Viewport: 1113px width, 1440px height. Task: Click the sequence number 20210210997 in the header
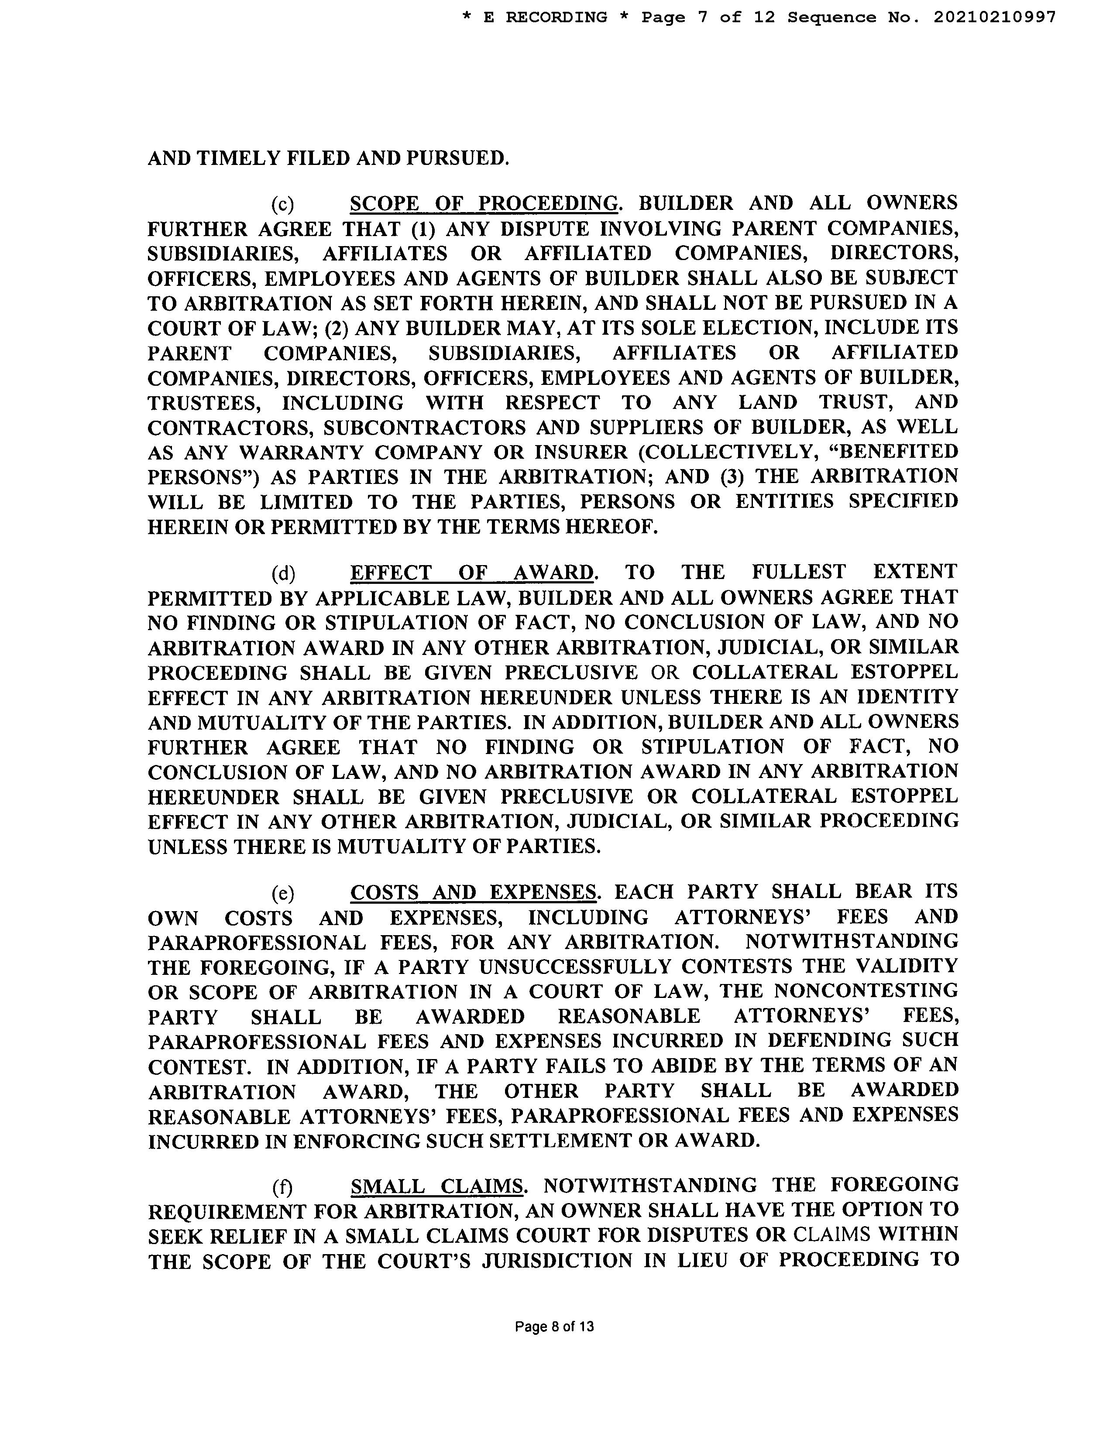[994, 17]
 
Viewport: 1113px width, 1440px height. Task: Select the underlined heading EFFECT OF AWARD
[471, 573]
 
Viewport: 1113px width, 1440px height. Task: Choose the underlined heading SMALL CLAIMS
[436, 1186]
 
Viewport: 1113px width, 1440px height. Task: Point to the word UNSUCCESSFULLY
[575, 967]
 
